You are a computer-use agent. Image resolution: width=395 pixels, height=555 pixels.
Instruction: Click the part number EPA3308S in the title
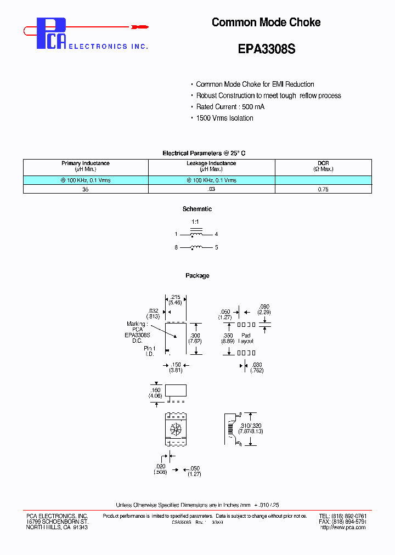pyautogui.click(x=267, y=49)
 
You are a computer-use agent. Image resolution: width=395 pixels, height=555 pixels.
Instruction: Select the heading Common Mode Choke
pyautogui.click(x=266, y=22)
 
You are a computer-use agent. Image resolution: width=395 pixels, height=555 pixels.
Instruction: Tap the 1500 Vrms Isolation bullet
pyautogui.click(x=224, y=118)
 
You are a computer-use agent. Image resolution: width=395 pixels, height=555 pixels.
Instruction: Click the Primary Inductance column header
pyautogui.click(x=86, y=166)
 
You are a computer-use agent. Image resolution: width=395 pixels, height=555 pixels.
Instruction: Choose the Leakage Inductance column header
pyautogui.click(x=211, y=166)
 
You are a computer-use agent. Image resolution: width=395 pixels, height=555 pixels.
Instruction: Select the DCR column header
pyautogui.click(x=323, y=166)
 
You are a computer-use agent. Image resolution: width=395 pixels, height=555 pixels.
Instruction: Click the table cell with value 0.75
pyautogui.click(x=323, y=189)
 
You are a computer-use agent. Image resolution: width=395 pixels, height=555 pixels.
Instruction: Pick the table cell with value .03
pyautogui.click(x=211, y=189)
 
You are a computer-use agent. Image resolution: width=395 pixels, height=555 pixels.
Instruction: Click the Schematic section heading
pyautogui.click(x=197, y=209)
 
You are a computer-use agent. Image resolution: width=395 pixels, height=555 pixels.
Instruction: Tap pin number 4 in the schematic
pyautogui.click(x=216, y=234)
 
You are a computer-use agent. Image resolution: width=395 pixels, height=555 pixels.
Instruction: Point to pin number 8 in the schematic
pyautogui.click(x=176, y=248)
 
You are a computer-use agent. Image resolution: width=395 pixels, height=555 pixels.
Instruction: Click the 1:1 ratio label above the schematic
pyautogui.click(x=195, y=222)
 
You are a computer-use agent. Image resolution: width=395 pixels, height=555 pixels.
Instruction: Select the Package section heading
pyautogui.click(x=197, y=276)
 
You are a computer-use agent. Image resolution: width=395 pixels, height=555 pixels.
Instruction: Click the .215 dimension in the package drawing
pyautogui.click(x=176, y=299)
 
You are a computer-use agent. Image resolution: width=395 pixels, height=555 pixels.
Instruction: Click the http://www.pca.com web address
pyautogui.click(x=343, y=528)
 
